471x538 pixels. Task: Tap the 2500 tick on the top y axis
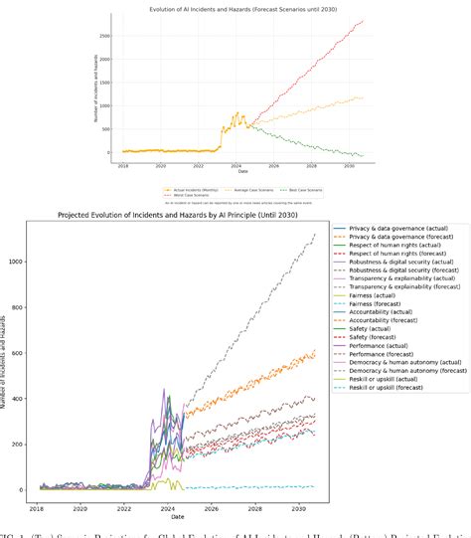[102, 34]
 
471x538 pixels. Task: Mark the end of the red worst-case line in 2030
[364, 21]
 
